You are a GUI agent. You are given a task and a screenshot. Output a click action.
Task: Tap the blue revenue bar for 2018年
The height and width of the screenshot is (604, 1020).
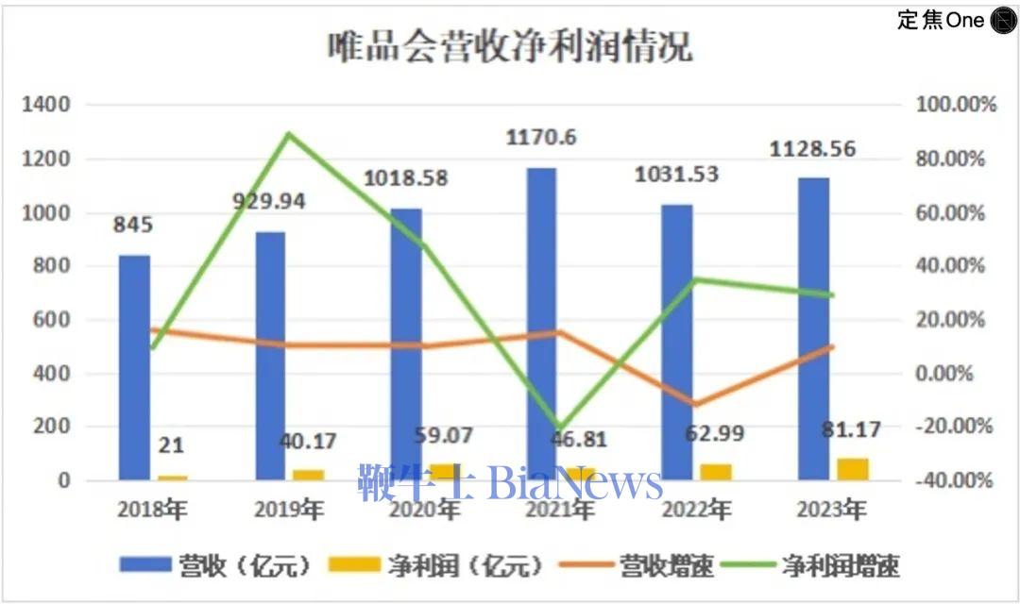[x=134, y=368]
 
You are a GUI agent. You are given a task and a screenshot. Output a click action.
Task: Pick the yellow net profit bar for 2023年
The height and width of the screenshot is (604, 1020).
[x=852, y=469]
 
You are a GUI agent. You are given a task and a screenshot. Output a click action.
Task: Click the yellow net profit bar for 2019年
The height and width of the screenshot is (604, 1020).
[x=308, y=475]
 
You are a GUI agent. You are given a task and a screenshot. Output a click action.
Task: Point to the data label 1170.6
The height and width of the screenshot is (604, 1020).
[x=541, y=139]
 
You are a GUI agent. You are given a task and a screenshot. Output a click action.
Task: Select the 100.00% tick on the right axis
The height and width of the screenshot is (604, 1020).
[x=957, y=105]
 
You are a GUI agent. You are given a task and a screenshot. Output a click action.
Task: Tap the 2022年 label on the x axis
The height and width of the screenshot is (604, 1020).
[x=697, y=511]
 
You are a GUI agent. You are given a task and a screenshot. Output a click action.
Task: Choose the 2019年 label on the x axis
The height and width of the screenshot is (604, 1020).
[x=289, y=511]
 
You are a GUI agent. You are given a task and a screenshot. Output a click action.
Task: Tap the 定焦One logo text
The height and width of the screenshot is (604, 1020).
[x=941, y=20]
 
